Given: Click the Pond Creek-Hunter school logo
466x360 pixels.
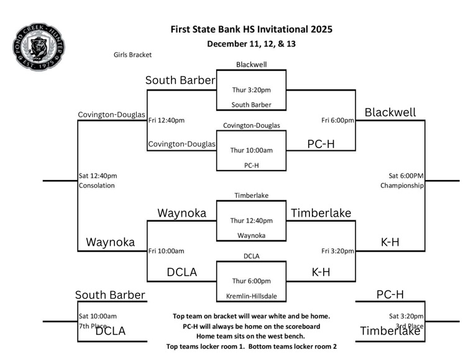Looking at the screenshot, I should coord(39,47).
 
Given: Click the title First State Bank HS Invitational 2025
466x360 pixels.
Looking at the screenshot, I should coord(251,29).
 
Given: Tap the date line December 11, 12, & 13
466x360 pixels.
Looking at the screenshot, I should coord(251,43).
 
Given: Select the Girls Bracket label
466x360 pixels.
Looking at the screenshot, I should coord(132,55).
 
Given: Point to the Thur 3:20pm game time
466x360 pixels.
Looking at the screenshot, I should coord(251,89).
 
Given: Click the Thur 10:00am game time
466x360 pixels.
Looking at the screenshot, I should coord(251,150).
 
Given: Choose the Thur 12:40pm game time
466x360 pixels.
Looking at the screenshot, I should coord(251,220).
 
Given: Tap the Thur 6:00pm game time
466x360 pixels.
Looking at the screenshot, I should coord(251,281).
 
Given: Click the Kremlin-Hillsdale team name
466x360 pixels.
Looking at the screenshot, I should coord(251,296).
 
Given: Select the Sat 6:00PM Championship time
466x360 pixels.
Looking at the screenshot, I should coord(406,175).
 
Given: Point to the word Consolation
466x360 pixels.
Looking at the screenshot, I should coord(97,185).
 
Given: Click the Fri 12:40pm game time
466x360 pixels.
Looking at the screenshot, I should coord(167,120).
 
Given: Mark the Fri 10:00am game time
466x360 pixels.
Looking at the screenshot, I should coord(167,251).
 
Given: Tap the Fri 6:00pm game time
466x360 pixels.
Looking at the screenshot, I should coord(337,120).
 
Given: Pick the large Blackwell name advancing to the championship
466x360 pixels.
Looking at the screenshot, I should coord(390,112).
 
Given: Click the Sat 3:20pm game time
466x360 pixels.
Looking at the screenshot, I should coord(406,316).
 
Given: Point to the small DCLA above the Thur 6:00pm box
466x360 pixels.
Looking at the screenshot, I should coord(251,256).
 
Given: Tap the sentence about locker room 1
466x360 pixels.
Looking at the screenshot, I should coord(251,346).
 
